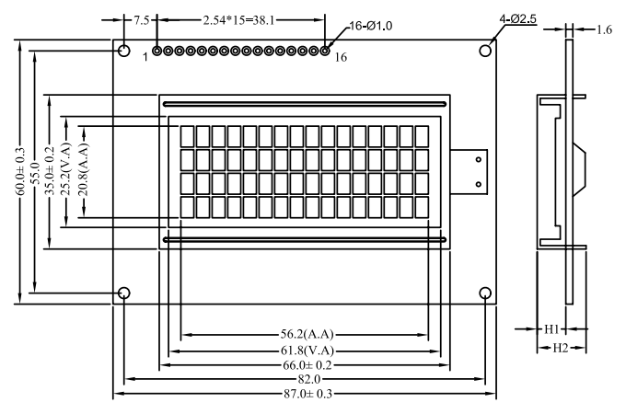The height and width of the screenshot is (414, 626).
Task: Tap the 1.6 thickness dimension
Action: pos(604,30)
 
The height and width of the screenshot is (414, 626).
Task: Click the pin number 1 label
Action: pos(145,57)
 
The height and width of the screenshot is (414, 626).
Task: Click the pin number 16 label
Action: pos(341,58)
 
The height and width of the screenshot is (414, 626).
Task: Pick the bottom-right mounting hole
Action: pos(485,293)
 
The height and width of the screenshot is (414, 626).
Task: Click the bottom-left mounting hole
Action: pos(124,293)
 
